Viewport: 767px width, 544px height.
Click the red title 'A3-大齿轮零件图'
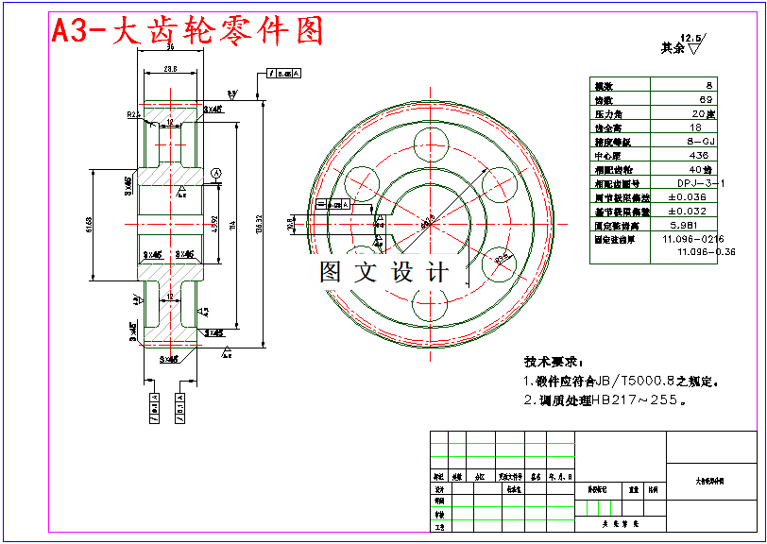187,30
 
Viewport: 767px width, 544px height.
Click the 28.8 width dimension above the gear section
171,69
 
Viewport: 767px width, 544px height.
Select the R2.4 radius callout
133,114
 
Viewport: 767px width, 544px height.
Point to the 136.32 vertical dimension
260,223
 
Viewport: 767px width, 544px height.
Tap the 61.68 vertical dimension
89,224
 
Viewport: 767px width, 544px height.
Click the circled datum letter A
215,173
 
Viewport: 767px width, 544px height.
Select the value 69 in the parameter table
706,99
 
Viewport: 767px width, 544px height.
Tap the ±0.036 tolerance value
687,197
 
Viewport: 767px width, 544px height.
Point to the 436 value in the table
699,155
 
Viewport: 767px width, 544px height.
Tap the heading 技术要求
554,362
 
